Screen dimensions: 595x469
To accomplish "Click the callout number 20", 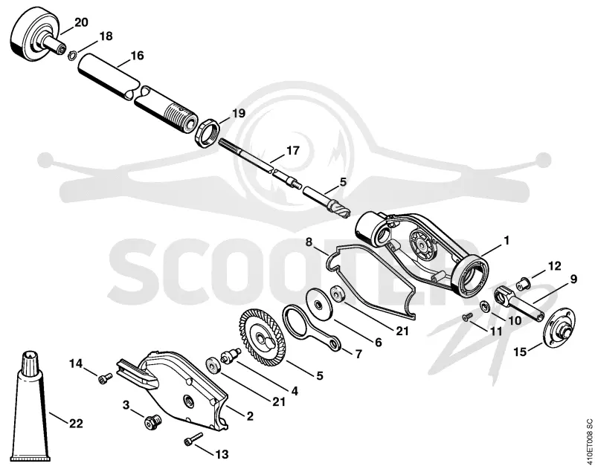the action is [x=81, y=22].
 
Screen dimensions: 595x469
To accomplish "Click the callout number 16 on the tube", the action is [x=138, y=56].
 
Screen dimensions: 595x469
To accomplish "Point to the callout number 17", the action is [x=293, y=151].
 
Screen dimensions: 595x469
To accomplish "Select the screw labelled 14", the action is [x=105, y=378].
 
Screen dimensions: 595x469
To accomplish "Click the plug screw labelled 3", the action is [x=153, y=421].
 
